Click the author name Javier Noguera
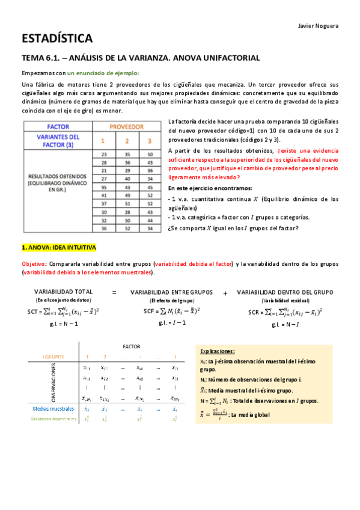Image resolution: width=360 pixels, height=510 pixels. tap(319, 25)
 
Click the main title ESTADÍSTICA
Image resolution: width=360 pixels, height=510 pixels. tap(57, 39)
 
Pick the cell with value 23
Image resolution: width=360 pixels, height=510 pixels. tap(103, 155)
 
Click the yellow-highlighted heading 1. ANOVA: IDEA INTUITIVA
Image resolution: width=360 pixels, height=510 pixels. tap(58, 248)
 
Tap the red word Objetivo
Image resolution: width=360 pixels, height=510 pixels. tap(33, 263)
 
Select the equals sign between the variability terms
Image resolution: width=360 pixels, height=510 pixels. tap(114, 292)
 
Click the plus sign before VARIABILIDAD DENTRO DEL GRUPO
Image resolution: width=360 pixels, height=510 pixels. tap(225, 293)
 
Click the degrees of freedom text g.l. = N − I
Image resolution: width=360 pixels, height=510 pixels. tap(285, 324)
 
